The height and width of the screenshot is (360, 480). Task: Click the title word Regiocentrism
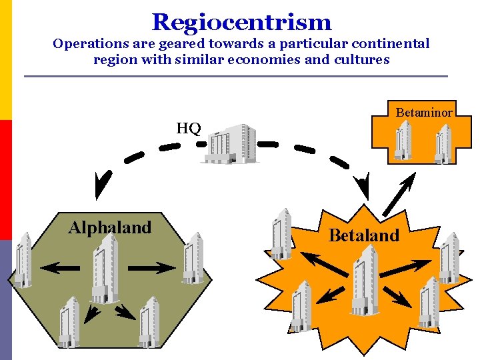[x=241, y=22]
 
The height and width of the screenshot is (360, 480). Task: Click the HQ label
[x=189, y=128]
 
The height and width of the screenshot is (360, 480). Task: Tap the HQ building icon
[x=231, y=143]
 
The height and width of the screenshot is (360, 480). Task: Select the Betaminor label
[x=424, y=113]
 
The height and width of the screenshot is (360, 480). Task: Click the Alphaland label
[x=110, y=227]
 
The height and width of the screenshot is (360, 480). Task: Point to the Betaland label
[x=364, y=235]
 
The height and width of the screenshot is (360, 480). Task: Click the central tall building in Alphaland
[x=104, y=267]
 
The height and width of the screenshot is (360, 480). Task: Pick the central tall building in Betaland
[x=365, y=280]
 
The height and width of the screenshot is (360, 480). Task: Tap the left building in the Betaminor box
[x=403, y=140]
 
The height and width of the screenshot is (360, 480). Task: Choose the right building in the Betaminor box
[x=443, y=143]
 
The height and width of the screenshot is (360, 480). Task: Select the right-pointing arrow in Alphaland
[x=152, y=268]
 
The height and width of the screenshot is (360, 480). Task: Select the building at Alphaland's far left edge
[x=23, y=260]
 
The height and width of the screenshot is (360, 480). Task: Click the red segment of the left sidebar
[x=5, y=179]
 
